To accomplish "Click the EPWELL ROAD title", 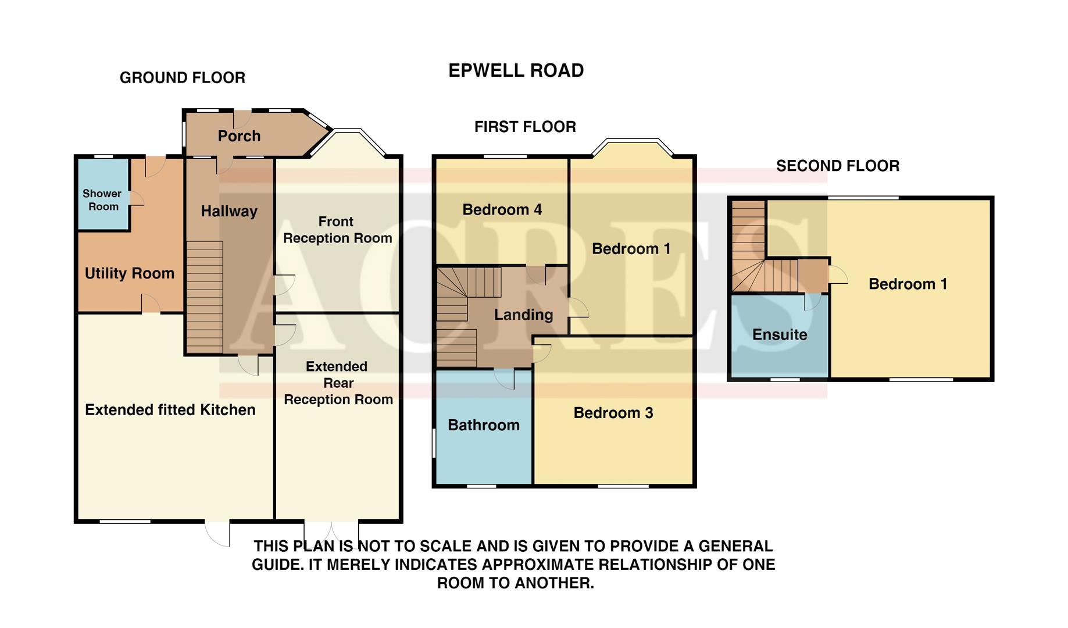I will tap(516, 70).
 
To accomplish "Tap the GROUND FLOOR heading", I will tap(182, 78).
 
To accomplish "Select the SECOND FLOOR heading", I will tap(837, 166).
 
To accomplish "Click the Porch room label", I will tap(239, 136).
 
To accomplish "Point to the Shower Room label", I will tap(102, 200).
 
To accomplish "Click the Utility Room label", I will tap(129, 273).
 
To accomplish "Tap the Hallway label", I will tap(229, 211).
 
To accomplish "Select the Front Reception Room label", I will tap(337, 230).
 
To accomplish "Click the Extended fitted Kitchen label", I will tap(170, 410).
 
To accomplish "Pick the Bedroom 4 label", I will tap(502, 210).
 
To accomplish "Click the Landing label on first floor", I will tap(523, 315).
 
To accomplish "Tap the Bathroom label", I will tap(483, 425).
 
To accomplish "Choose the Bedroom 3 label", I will tap(613, 413).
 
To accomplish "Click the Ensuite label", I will tap(779, 335).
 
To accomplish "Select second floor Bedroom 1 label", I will tap(907, 284).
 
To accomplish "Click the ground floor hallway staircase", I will tap(205, 297).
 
